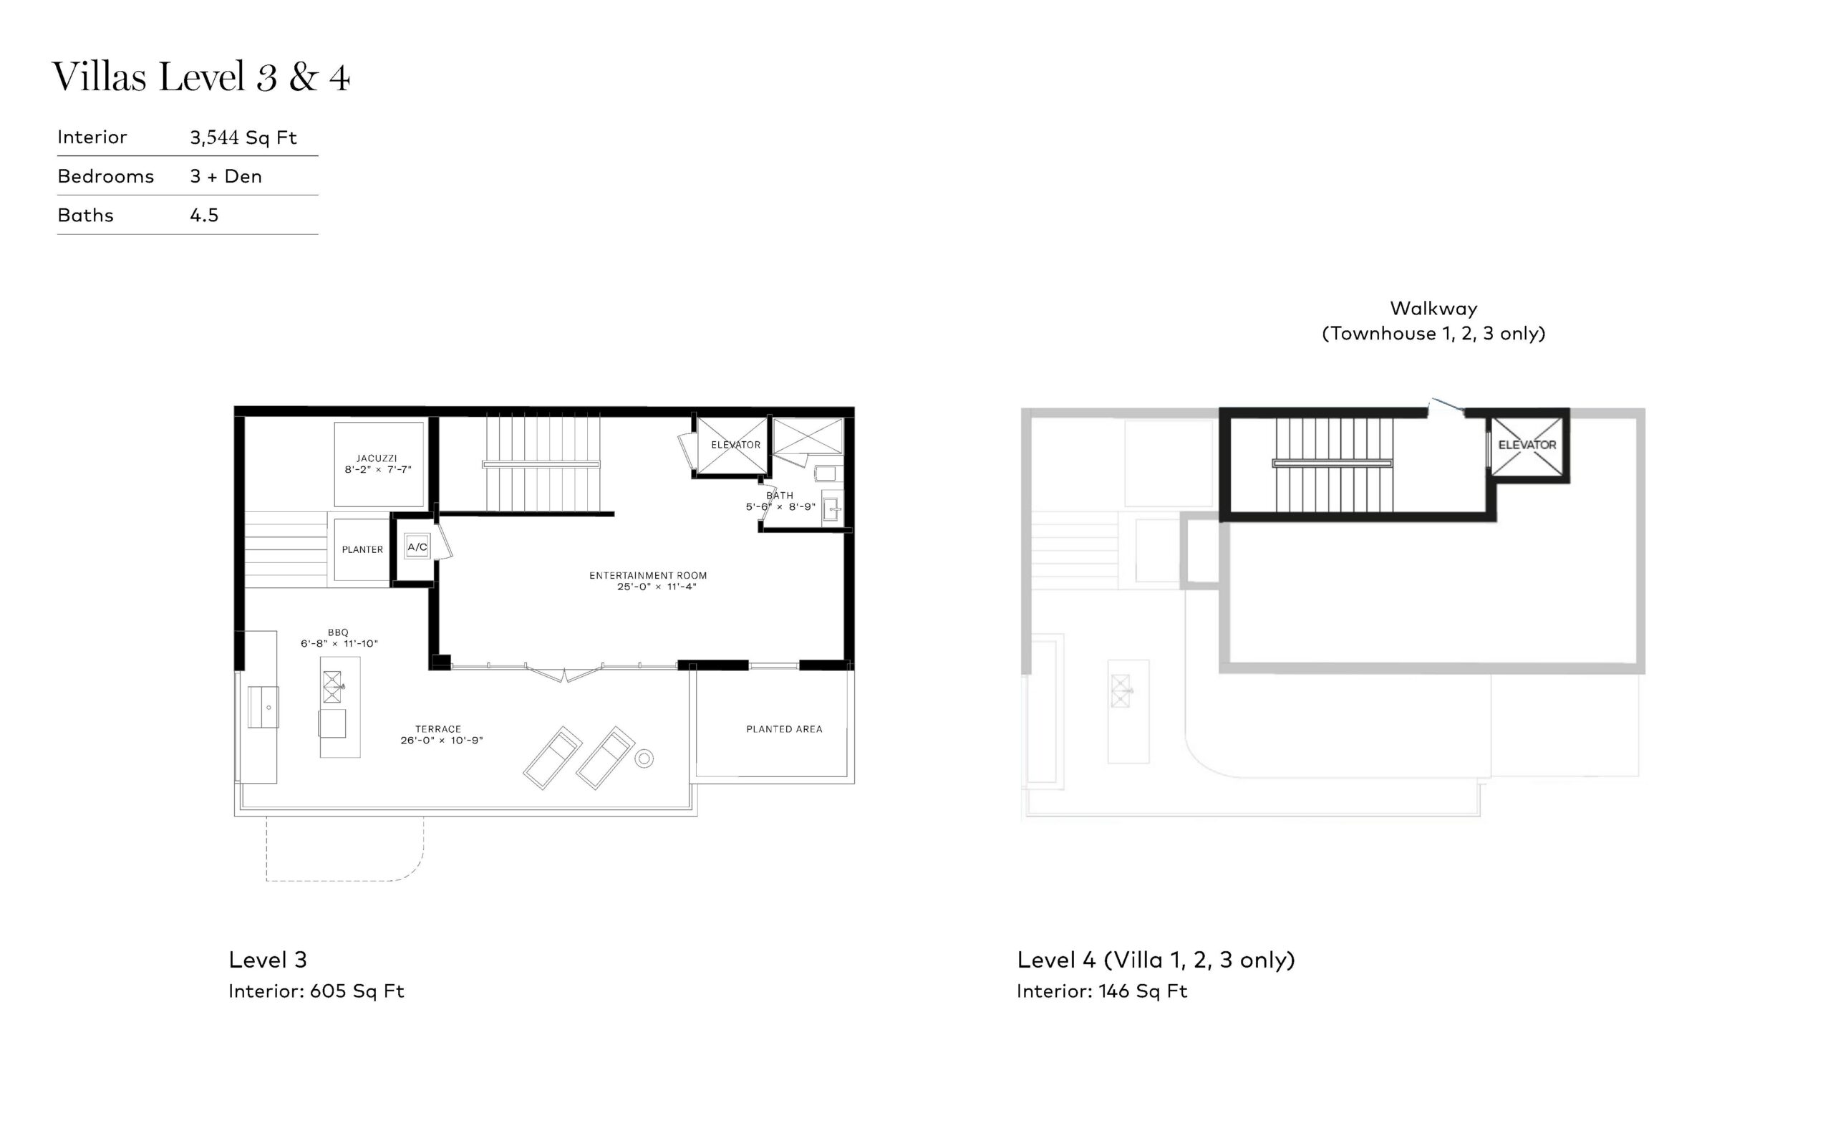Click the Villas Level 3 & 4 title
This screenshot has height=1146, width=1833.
[200, 77]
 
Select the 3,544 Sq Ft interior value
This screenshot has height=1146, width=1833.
[243, 138]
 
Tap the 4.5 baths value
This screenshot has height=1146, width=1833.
[204, 216]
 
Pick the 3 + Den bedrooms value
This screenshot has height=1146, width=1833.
[226, 177]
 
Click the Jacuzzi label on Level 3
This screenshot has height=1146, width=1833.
[377, 458]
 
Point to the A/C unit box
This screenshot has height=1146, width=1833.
[417, 546]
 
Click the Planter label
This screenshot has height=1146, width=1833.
[362, 549]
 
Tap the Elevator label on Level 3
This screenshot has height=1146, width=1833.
[735, 445]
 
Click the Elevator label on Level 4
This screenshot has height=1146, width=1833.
[1527, 445]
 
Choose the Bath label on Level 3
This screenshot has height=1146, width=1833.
[780, 496]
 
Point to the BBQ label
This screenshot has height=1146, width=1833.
[338, 632]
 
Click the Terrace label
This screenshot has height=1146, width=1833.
[437, 729]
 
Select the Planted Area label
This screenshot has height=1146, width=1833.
[784, 729]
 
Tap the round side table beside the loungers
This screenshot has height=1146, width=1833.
[644, 758]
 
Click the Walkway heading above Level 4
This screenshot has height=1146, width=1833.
[1433, 309]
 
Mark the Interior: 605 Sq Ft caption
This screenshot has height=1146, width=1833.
[316, 991]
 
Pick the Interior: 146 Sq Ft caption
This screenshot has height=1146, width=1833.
[1101, 991]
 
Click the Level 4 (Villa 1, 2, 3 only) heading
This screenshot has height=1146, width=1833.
[1156, 960]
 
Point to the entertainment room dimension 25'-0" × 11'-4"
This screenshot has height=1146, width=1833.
[656, 587]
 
